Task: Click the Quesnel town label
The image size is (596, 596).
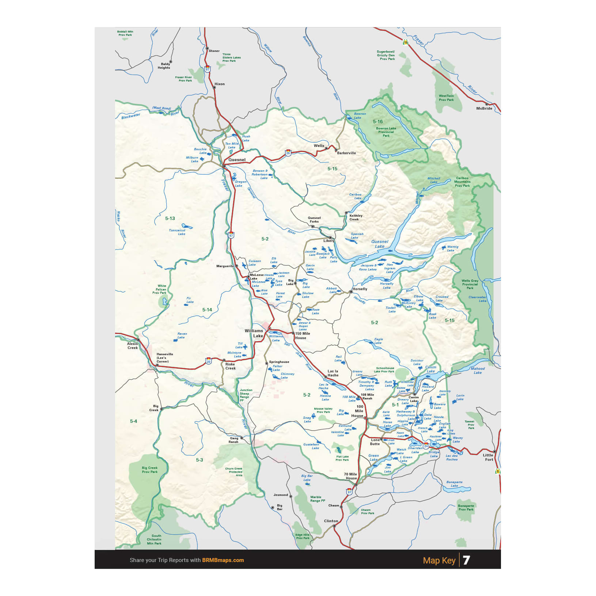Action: click(237, 160)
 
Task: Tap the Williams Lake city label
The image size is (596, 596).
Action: click(254, 333)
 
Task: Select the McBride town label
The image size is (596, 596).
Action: click(484, 109)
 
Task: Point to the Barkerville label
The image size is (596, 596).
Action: click(346, 153)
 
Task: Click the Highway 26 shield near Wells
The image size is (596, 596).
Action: click(288, 153)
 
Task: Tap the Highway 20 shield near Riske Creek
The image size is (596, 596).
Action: click(208, 361)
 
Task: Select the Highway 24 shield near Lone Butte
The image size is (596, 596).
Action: click(426, 445)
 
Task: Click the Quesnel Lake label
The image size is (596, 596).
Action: click(380, 244)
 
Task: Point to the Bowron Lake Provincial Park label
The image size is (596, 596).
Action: click(386, 132)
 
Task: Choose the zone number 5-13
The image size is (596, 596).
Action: click(170, 219)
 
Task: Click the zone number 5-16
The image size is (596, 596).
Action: click(378, 122)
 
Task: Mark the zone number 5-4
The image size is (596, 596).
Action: click(134, 421)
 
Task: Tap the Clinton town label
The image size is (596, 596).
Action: click(331, 521)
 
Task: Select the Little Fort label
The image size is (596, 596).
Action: click(489, 457)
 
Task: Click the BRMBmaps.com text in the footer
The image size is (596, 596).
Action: click(223, 560)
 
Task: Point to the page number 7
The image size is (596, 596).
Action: click(466, 560)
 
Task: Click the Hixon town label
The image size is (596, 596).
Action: click(219, 84)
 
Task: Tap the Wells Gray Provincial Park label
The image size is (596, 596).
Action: click(470, 284)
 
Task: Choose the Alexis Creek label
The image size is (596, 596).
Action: click(132, 346)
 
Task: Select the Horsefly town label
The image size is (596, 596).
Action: click(360, 289)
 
